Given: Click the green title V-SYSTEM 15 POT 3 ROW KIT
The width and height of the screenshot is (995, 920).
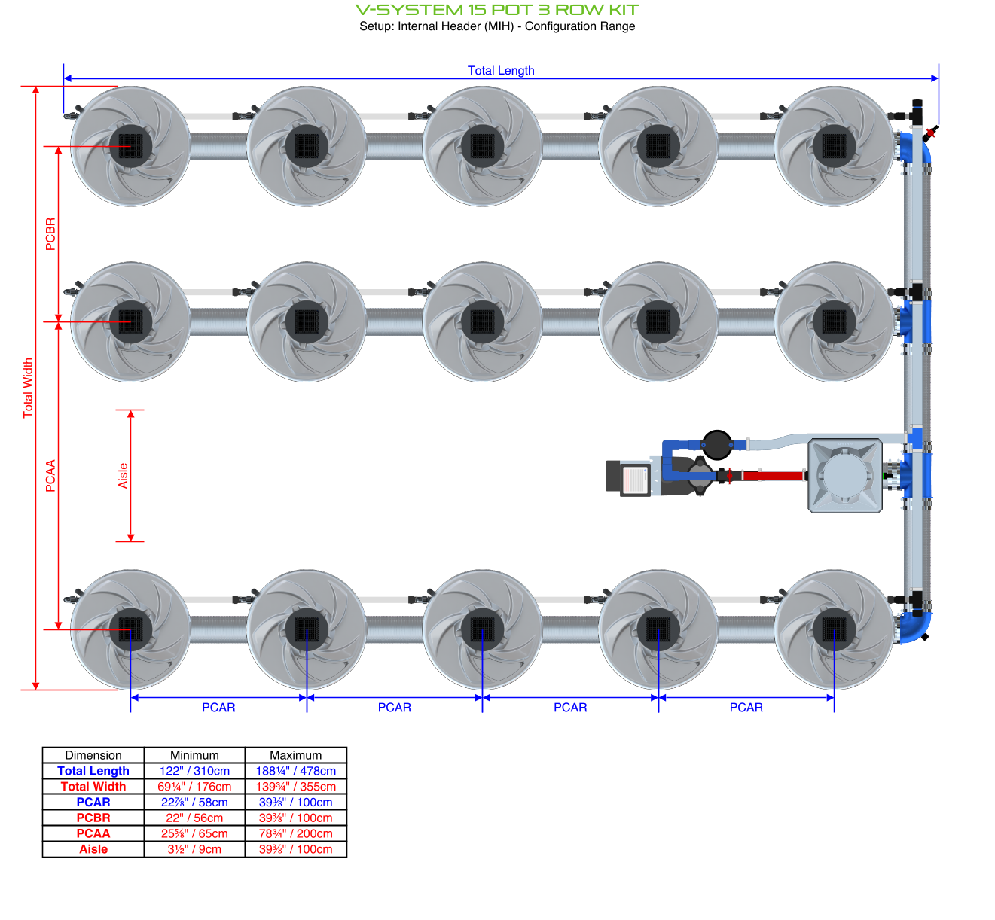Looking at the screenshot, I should (497, 10).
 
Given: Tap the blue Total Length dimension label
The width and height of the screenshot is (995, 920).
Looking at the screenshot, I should (501, 70).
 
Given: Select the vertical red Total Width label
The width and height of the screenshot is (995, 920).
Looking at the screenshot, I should (28, 388).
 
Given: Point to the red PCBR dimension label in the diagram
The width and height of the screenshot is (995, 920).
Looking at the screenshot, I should (50, 234).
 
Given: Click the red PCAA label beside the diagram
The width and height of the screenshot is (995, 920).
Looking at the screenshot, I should (50, 476).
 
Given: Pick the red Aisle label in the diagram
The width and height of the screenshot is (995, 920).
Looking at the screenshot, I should (123, 476).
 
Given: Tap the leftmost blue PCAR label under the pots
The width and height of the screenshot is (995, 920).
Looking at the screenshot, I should (218, 708).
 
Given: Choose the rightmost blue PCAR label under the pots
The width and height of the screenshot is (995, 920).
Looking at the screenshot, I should (746, 708).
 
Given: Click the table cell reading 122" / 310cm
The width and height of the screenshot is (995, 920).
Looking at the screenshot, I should (194, 771).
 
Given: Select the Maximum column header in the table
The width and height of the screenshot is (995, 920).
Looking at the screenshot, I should (295, 755).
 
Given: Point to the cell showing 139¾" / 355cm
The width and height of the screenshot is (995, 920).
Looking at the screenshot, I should (295, 787).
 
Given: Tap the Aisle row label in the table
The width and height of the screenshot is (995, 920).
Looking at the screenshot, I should (93, 849).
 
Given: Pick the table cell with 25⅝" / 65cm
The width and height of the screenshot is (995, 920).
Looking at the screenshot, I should (194, 833).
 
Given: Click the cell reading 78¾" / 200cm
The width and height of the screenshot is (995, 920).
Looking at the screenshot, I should (295, 833).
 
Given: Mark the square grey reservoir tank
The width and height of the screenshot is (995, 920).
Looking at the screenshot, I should (845, 477).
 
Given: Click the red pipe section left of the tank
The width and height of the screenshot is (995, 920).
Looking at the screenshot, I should (772, 476).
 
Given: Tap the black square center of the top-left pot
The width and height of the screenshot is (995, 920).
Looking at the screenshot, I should (130, 146).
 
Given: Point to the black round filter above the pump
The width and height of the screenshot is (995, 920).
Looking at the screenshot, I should (716, 444).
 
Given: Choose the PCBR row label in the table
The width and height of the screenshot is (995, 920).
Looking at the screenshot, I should (93, 818).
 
